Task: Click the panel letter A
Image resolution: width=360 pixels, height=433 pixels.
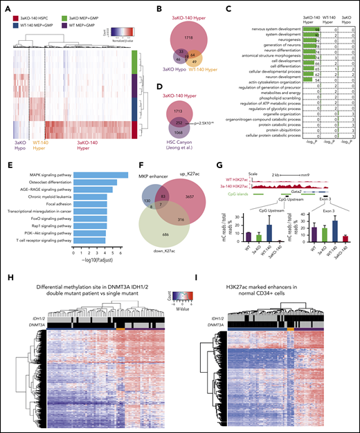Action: tap(6, 6)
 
